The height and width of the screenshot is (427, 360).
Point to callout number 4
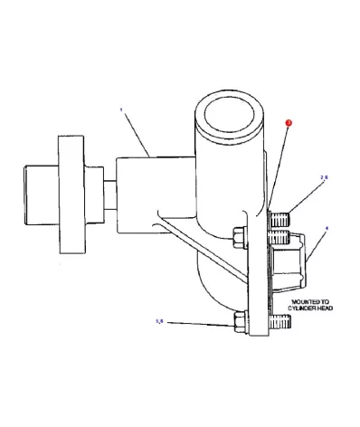[327, 229]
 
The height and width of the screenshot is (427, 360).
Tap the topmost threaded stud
[282, 218]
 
